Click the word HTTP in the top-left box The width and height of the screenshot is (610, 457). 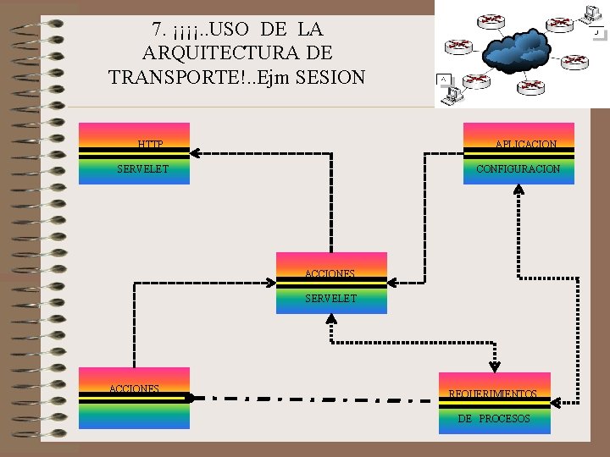[150, 145]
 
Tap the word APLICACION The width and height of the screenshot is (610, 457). [526, 145]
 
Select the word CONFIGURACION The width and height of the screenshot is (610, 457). [518, 169]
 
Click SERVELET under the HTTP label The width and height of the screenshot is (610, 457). [142, 169]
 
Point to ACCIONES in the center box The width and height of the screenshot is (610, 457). [330, 274]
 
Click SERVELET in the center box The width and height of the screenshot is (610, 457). [330, 299]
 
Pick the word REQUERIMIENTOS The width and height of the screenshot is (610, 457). [492, 394]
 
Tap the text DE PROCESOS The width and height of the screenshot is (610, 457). [494, 419]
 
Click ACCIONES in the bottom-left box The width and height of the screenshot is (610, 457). [134, 389]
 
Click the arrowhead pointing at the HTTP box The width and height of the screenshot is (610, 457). [195, 153]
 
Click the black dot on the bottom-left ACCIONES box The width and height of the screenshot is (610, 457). [190, 396]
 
